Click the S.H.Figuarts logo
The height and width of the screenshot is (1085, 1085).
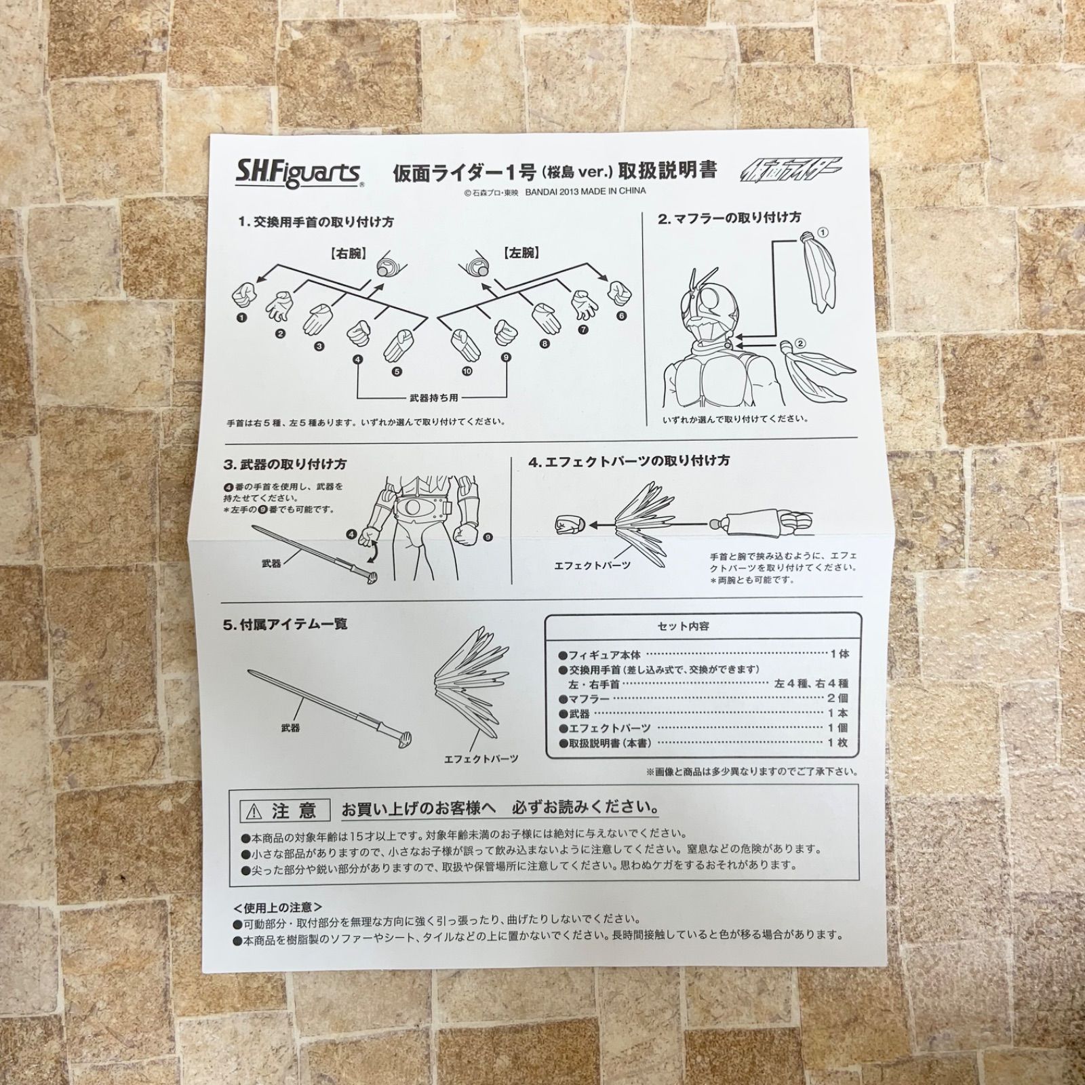pos(297,172)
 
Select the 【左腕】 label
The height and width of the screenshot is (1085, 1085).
pos(521,254)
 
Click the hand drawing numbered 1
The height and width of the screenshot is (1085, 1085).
pos(244,295)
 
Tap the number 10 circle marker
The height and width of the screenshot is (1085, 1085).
pos(467,370)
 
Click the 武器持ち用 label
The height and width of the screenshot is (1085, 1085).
pos(434,398)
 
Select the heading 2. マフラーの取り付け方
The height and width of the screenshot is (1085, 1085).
pos(729,218)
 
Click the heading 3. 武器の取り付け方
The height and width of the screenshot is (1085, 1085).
pos(285,465)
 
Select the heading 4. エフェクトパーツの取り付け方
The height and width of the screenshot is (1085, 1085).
pos(629,461)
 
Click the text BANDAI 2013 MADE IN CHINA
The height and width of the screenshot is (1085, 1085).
pos(585,191)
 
